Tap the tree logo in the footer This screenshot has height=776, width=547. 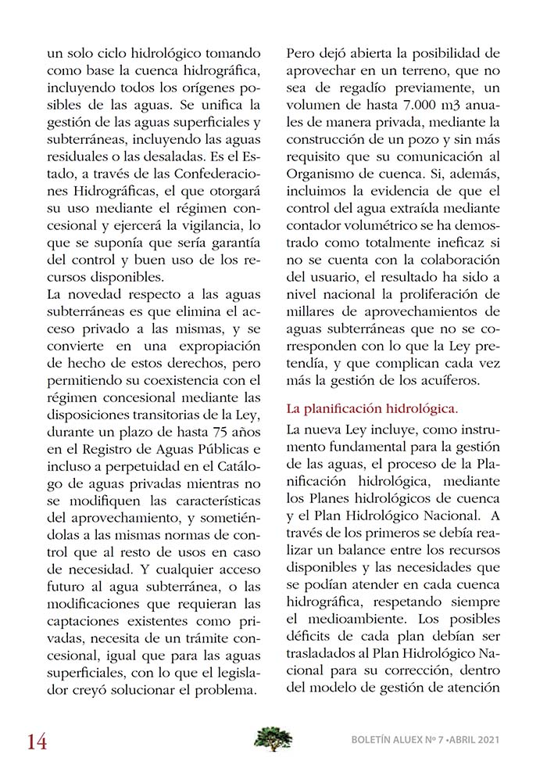(273, 738)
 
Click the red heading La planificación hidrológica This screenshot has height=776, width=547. (373, 408)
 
